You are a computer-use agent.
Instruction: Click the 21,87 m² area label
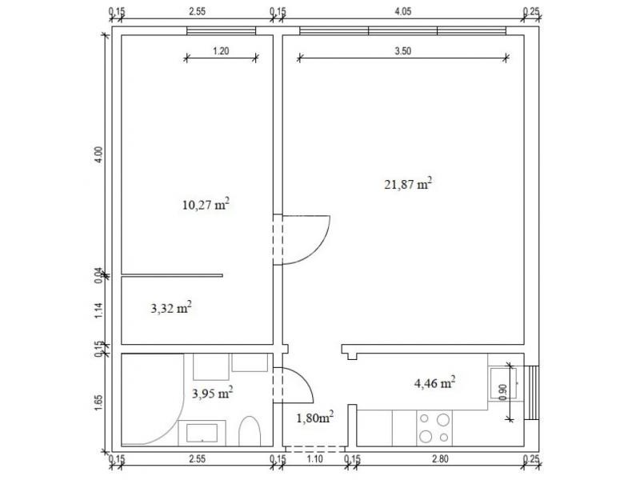pyautogui.click(x=408, y=184)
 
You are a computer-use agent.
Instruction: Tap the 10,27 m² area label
pyautogui.click(x=206, y=204)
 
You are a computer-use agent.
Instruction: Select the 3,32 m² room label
pyautogui.click(x=171, y=308)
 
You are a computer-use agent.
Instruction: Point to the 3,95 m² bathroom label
pyautogui.click(x=213, y=393)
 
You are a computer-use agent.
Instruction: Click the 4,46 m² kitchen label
pyautogui.click(x=434, y=383)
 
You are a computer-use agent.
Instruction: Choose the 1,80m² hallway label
pyautogui.click(x=314, y=418)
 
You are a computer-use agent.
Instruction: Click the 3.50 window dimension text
pyautogui.click(x=403, y=51)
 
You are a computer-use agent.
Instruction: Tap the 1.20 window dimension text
pyautogui.click(x=221, y=51)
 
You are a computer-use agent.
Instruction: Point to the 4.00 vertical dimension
pyautogui.click(x=98, y=155)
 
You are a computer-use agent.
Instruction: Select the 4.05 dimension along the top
pyautogui.click(x=403, y=11)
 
